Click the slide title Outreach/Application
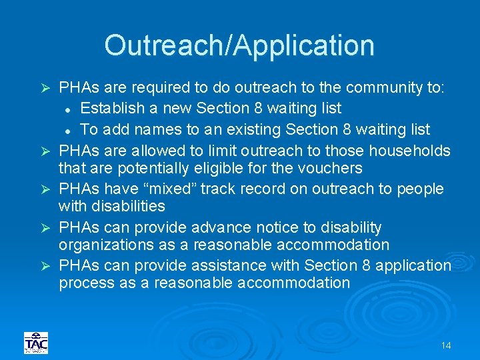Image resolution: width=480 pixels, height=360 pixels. click(239, 45)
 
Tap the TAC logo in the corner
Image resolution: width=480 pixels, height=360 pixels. click(36, 343)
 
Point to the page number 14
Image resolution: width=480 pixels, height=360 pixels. click(446, 345)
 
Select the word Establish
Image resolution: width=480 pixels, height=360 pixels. click(115, 108)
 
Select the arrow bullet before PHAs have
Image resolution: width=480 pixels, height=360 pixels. click(46, 189)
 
